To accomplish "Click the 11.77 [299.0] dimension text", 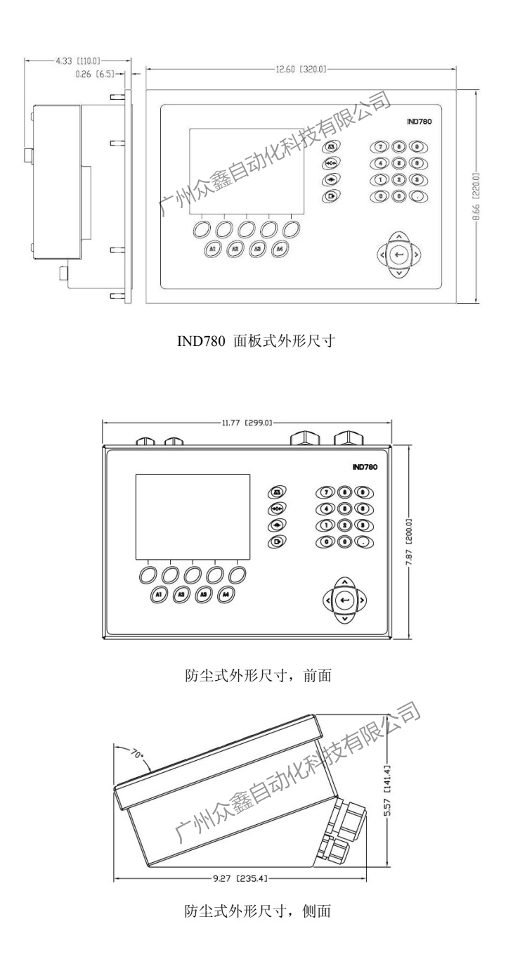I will click(246, 423).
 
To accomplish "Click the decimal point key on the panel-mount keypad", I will click(417, 195).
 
